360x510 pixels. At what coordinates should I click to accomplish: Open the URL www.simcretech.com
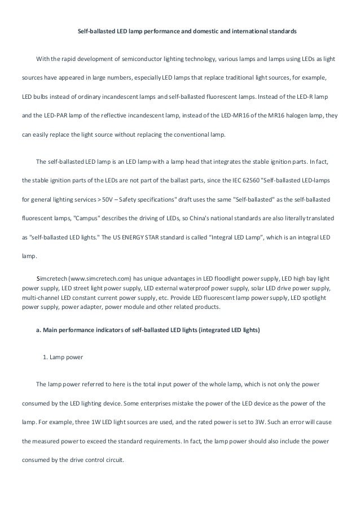[x=100, y=279]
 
